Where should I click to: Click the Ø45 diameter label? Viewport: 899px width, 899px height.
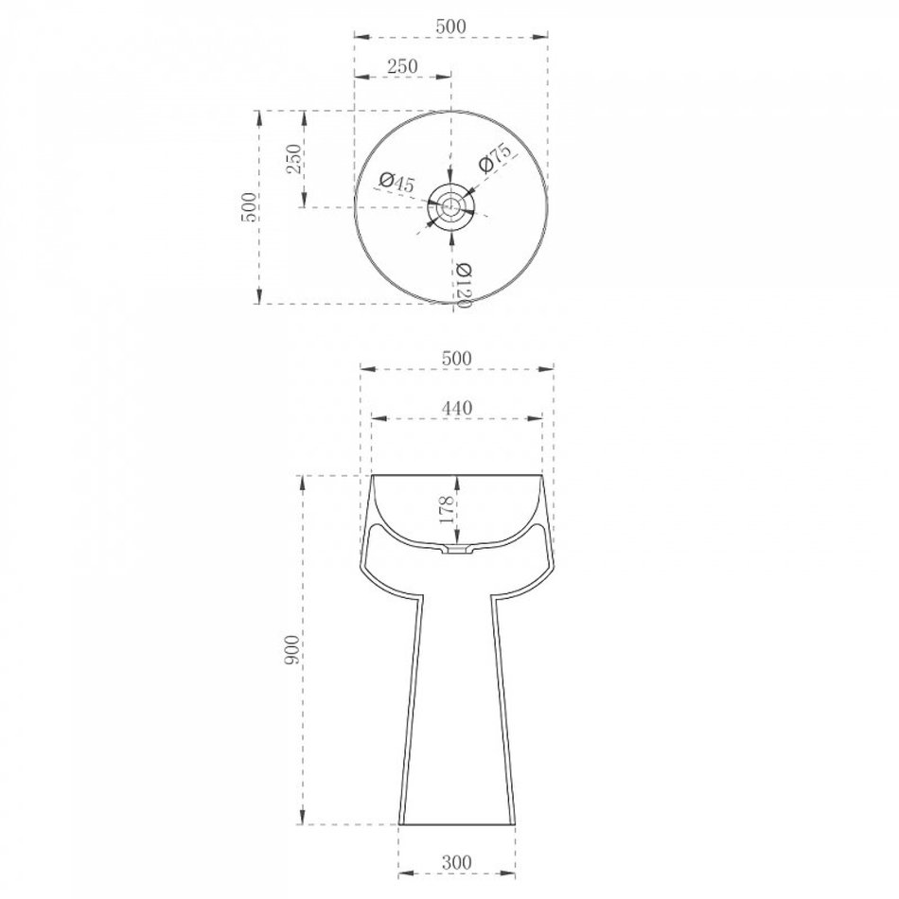(397, 183)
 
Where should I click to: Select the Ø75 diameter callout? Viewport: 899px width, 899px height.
(494, 158)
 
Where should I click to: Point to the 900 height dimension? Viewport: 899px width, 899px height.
(291, 649)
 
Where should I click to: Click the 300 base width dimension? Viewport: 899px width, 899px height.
(456, 862)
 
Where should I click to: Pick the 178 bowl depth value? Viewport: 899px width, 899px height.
(448, 509)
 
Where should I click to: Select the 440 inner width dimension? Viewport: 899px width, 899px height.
(457, 408)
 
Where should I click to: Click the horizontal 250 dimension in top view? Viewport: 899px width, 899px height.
(402, 66)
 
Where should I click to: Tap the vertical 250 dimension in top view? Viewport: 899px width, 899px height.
(293, 159)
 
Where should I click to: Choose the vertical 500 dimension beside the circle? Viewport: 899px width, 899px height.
(249, 207)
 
